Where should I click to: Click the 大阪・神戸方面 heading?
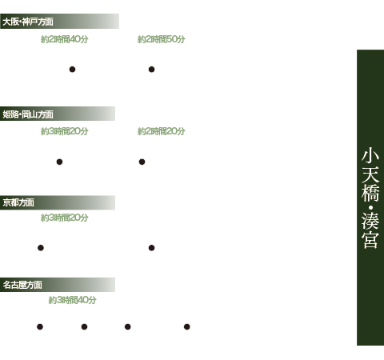click(28, 22)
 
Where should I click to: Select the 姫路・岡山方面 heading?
click(28, 114)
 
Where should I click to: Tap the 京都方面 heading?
click(18, 202)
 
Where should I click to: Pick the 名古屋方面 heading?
click(22, 285)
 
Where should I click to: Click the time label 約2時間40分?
click(65, 39)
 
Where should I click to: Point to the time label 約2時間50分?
click(162, 39)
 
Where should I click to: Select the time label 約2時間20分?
click(162, 131)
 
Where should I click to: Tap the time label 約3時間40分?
click(72, 300)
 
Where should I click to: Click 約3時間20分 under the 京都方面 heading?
click(65, 218)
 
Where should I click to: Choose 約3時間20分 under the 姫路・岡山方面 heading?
click(65, 131)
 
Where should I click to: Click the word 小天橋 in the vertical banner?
click(370, 175)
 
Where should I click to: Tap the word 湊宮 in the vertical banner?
click(370, 230)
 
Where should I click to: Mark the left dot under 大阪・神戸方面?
click(72, 70)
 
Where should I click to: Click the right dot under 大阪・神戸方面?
click(151, 70)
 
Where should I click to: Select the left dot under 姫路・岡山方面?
click(59, 162)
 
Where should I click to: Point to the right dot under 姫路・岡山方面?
click(142, 162)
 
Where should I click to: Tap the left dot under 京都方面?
click(41, 248)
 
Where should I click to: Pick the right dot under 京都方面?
click(151, 248)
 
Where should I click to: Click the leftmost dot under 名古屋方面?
click(40, 326)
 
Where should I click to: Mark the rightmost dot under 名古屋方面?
click(187, 326)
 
